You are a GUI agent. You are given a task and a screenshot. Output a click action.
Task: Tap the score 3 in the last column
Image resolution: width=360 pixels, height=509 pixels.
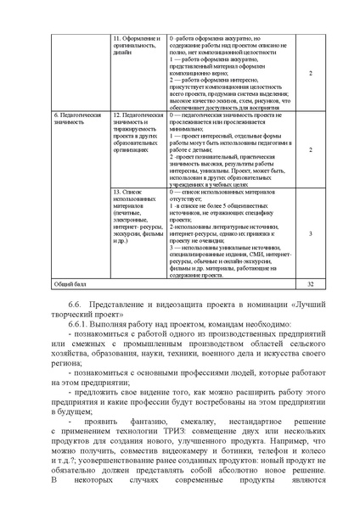tap(311, 232)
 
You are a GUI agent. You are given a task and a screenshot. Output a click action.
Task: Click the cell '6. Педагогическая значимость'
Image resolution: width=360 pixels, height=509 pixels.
tap(72, 118)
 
